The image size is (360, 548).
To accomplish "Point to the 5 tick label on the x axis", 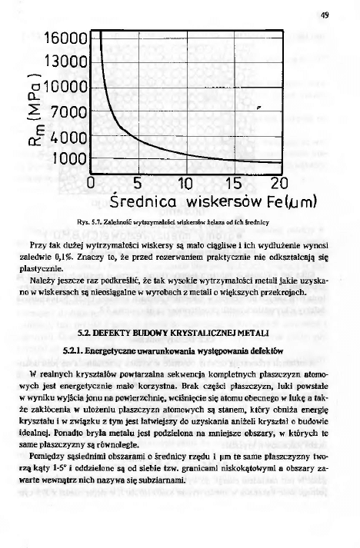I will click(x=138, y=184).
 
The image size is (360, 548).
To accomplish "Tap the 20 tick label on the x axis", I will click(x=280, y=184).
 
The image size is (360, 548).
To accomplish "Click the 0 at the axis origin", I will click(x=91, y=184).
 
